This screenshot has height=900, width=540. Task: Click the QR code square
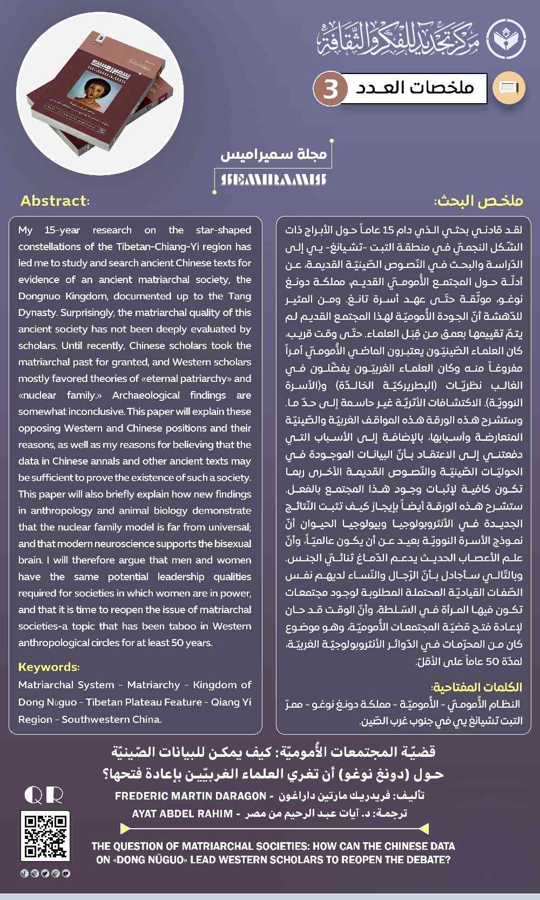[x=45, y=836]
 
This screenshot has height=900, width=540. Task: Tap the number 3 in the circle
[x=329, y=88]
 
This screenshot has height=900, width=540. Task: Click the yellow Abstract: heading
[x=55, y=201]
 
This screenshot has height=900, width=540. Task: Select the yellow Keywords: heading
[x=49, y=667]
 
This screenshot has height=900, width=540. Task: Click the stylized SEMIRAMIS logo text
[x=273, y=179]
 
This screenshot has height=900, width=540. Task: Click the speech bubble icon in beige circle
[x=509, y=88]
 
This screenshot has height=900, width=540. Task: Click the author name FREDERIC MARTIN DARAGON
[x=191, y=796]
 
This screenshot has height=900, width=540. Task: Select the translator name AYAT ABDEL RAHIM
[x=183, y=814]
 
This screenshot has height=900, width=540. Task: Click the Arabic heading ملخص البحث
[x=478, y=201]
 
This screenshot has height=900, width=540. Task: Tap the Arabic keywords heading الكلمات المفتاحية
[x=476, y=687]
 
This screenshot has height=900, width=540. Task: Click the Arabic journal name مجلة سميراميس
[x=274, y=154]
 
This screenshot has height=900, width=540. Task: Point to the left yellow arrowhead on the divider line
[x=125, y=828]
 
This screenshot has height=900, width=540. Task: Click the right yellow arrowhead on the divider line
[x=423, y=828]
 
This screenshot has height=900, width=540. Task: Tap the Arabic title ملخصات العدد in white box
[x=415, y=88]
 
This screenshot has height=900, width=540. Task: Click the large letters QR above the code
[x=44, y=795]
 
